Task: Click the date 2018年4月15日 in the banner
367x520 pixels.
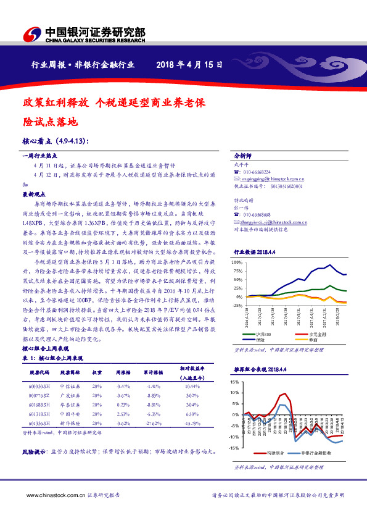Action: pos(189,65)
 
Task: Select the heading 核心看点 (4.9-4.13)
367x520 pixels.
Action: pos(56,140)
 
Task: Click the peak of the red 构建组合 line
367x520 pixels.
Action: pos(286,393)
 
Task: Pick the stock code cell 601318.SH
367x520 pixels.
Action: pos(39,414)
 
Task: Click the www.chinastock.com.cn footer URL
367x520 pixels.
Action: pos(51,495)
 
